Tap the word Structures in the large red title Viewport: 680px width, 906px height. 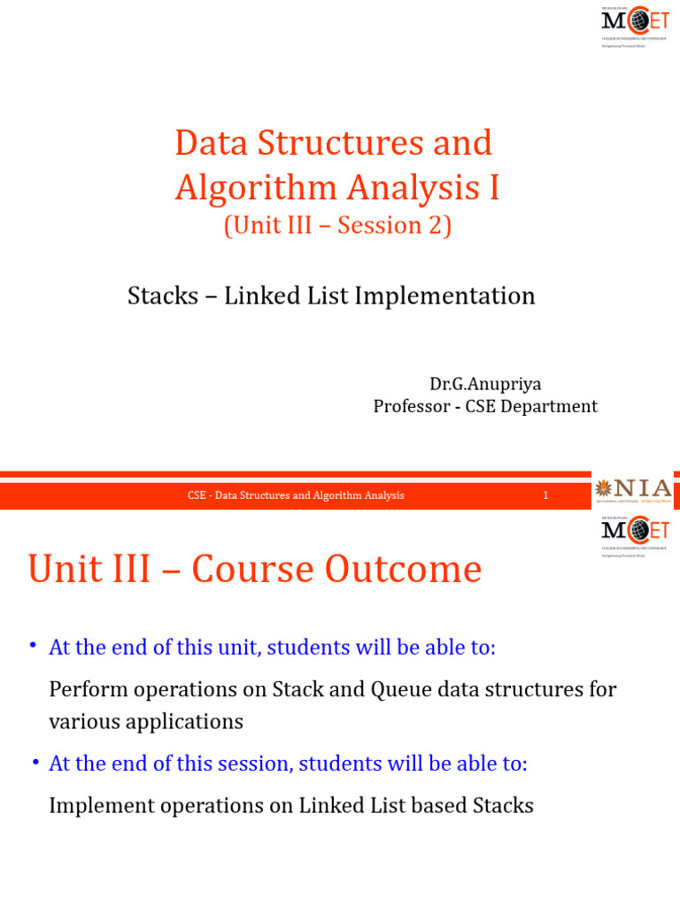pos(339,143)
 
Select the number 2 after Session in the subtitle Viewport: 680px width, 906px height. pos(437,226)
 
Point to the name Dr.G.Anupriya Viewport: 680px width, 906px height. pos(485,384)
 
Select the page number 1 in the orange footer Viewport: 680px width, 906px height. pos(545,495)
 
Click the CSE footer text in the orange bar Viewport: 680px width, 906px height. pos(296,495)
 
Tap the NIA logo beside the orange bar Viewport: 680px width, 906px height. pos(634,489)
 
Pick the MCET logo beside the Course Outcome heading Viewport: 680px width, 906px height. pos(635,533)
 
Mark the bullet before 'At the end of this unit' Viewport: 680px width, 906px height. pos(33,647)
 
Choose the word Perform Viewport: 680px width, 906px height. pos(85,689)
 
